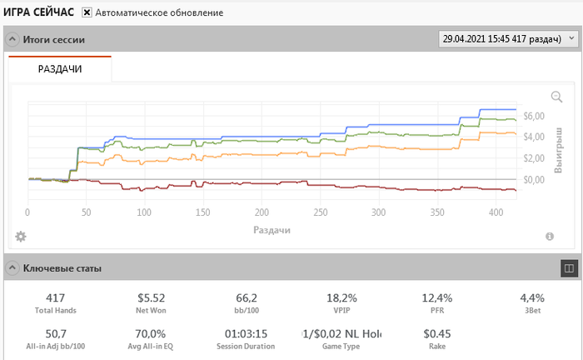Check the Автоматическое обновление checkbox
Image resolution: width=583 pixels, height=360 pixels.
tap(87, 13)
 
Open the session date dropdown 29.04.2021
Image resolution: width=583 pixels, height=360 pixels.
tap(508, 39)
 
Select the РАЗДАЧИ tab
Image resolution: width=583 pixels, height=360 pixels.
tap(60, 69)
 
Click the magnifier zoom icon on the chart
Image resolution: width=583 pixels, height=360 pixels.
tap(556, 97)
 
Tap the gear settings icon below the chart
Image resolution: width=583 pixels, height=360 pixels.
tap(21, 237)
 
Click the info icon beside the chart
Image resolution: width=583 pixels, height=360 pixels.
tap(550, 237)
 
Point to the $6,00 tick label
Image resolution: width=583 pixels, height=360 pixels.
tap(533, 116)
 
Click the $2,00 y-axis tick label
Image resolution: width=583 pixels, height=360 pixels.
tap(533, 158)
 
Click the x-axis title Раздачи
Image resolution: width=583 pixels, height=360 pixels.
tap(272, 229)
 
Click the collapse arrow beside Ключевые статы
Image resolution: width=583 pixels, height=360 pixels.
tap(12, 268)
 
